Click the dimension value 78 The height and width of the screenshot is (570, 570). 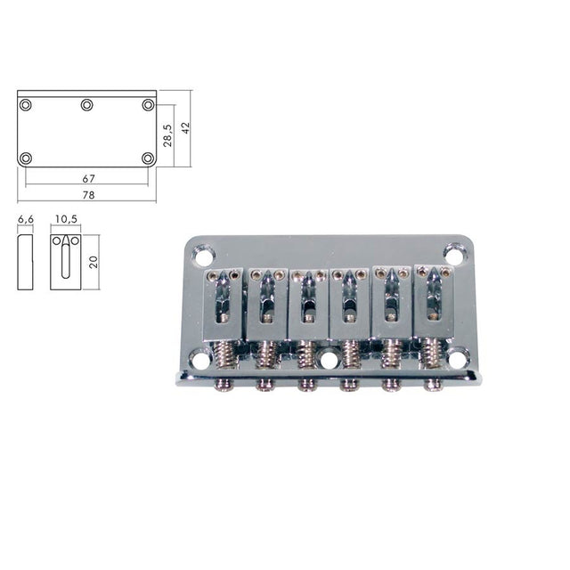tap(87, 194)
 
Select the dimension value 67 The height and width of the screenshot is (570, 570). tap(87, 178)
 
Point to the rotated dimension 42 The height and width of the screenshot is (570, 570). tap(185, 127)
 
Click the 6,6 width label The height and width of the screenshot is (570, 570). tap(25, 218)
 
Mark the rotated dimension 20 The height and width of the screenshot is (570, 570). tap(93, 262)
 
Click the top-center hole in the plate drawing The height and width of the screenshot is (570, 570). tap(87, 105)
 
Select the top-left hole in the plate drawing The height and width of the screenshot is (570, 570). tap(26, 105)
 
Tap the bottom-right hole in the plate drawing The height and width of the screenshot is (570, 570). tap(148, 159)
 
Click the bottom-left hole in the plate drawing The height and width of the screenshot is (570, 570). tap(26, 159)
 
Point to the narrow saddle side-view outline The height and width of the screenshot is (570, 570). tap(25, 262)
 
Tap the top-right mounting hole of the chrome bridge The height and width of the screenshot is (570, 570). tap(453, 256)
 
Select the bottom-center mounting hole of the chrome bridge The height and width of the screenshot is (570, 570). tap(329, 361)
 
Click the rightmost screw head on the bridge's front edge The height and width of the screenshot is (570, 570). tap(434, 385)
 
